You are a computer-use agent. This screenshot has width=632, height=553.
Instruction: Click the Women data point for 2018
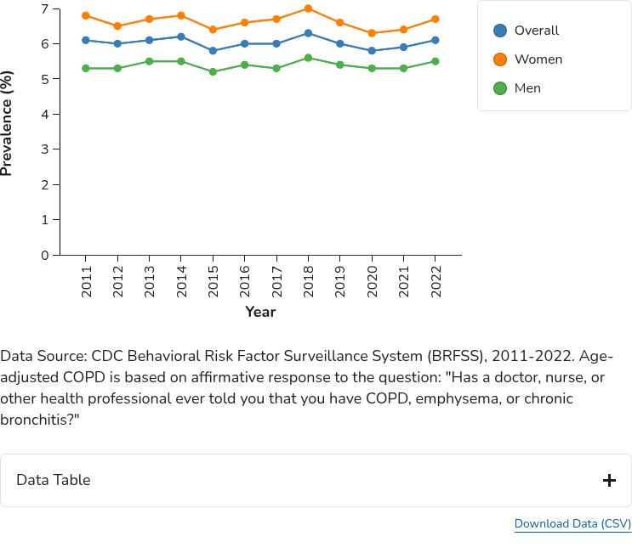[x=308, y=8]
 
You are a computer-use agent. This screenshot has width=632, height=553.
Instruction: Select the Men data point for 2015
[x=213, y=72]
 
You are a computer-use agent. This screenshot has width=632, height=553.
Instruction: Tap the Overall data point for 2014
[x=181, y=37]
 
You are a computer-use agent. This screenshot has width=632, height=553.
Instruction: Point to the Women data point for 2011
[x=86, y=15]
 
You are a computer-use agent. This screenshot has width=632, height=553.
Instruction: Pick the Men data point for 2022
[x=435, y=61]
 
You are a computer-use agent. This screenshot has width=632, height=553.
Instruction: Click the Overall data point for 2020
[x=372, y=51]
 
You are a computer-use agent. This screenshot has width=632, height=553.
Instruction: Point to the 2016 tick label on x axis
[x=245, y=281]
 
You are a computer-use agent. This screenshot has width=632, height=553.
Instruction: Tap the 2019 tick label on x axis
[x=340, y=281]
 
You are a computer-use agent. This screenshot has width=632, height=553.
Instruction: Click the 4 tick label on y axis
[x=44, y=114]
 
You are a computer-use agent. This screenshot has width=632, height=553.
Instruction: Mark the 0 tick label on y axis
[x=44, y=255]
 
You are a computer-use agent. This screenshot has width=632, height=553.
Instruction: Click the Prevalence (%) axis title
[x=8, y=123]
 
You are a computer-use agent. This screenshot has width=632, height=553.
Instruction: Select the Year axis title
[x=260, y=312]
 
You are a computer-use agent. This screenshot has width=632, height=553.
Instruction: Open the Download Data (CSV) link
[x=572, y=524]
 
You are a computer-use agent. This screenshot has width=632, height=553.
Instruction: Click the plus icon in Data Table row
[x=609, y=481]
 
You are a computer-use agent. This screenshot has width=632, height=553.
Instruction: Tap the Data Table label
[x=53, y=481]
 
